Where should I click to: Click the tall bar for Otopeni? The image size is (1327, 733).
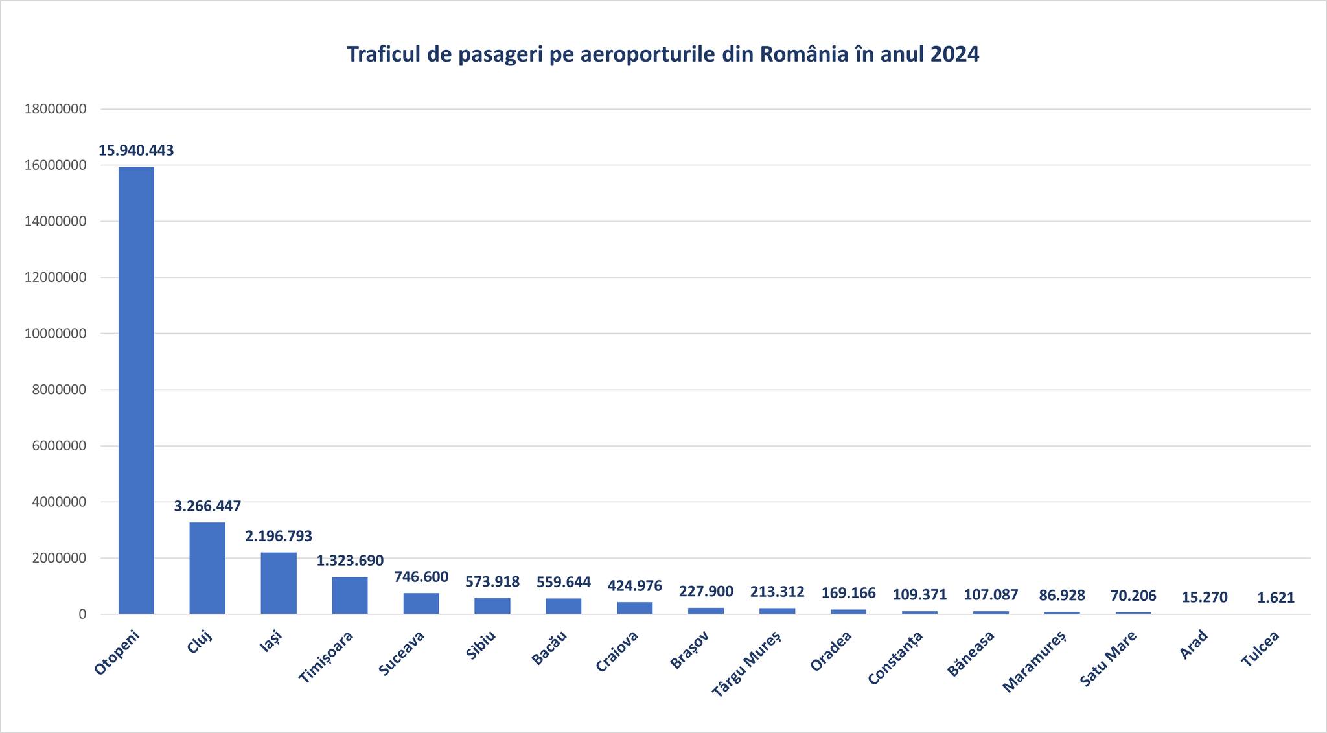[136, 389]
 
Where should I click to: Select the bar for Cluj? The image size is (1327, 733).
[207, 568]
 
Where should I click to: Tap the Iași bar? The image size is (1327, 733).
[279, 583]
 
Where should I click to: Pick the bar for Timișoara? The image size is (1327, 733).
[350, 595]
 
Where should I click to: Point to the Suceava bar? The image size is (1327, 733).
[421, 603]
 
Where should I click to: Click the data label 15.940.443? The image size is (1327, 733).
[136, 150]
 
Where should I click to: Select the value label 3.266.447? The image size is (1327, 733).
[207, 506]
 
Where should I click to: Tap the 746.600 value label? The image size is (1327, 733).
[421, 577]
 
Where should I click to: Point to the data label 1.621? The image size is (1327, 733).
[1276, 598]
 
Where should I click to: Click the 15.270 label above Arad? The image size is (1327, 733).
[1205, 597]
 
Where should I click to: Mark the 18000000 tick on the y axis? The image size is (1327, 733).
[55, 109]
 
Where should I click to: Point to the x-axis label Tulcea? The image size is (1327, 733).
[1260, 649]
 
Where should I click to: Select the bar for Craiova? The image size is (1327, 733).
[635, 608]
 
